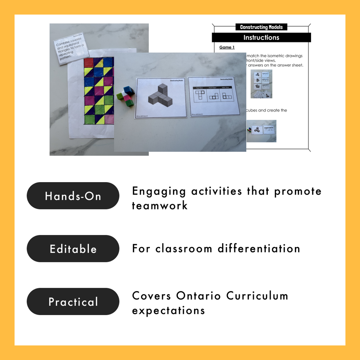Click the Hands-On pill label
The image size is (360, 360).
(73, 196)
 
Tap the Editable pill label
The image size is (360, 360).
(73, 249)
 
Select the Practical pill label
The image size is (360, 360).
(73, 302)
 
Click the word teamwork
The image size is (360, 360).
(159, 206)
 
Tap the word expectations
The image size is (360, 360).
(168, 310)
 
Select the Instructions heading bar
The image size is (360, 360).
(261, 37)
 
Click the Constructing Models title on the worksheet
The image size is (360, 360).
(261, 27)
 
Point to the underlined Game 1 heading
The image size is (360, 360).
(227, 48)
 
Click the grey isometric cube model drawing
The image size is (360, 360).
(160, 95)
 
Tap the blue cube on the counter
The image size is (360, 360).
(128, 90)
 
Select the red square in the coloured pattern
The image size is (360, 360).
(89, 63)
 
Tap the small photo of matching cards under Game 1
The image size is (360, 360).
(261, 84)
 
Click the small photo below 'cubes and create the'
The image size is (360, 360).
(261, 131)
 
